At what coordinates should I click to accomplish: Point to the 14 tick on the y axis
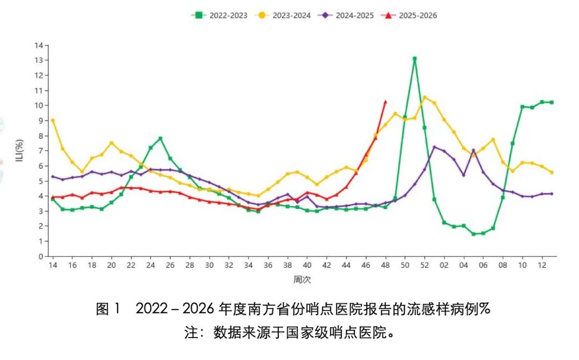[39, 46]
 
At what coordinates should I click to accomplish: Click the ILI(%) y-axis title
[19, 151]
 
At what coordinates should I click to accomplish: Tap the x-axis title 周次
[302, 280]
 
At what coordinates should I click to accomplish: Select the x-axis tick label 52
[425, 266]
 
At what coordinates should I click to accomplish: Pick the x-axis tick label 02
[444, 266]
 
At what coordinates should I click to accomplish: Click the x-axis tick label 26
[170, 266]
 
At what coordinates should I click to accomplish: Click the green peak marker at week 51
[414, 59]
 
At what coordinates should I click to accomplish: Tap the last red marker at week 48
[385, 101]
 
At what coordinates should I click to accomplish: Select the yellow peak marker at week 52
[425, 97]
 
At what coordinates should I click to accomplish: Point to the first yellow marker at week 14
[53, 121]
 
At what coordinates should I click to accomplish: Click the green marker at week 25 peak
[160, 139]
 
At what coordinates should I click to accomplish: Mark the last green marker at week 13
[552, 102]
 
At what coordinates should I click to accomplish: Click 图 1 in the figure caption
[109, 309]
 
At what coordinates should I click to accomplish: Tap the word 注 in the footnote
[191, 333]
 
